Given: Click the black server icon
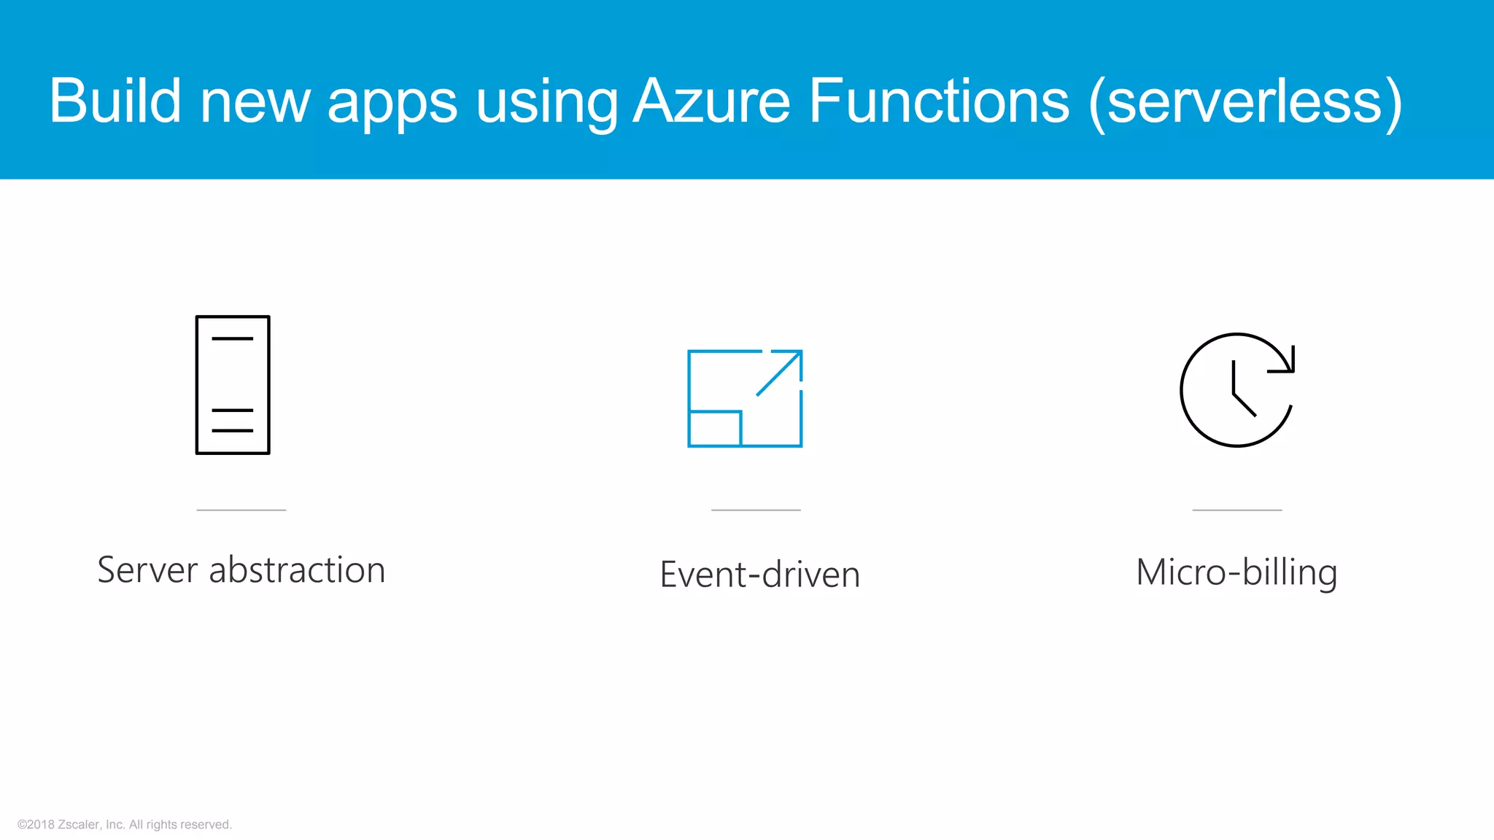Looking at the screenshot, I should tap(233, 385).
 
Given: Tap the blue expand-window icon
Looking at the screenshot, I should tap(745, 398).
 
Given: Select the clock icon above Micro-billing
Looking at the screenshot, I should tap(1237, 390).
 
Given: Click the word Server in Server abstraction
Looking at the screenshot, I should tap(148, 570).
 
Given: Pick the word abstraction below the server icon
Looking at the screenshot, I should tap(297, 570).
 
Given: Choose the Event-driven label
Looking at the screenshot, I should tap(760, 575).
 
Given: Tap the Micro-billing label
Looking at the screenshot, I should tap(1236, 573).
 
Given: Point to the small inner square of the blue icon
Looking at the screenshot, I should tap(715, 429).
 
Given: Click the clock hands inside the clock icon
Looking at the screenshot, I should tap(1240, 392).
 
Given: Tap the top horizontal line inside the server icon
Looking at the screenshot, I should tap(233, 339).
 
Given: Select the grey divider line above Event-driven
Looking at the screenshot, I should tap(756, 510).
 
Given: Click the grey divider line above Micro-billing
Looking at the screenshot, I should tap(1236, 510).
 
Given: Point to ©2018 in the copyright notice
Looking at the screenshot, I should tap(36, 825).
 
